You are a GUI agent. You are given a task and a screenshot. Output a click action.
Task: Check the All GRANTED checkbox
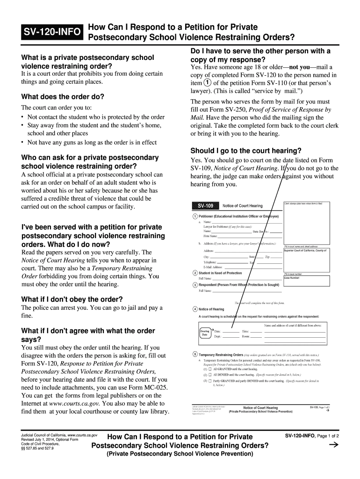tap(209, 369)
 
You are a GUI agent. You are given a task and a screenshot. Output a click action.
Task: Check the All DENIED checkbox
tap(209, 375)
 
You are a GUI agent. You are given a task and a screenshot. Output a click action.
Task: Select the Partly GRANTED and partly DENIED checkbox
tap(209, 381)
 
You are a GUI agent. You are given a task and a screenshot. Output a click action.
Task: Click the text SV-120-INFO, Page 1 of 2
tap(311, 436)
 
